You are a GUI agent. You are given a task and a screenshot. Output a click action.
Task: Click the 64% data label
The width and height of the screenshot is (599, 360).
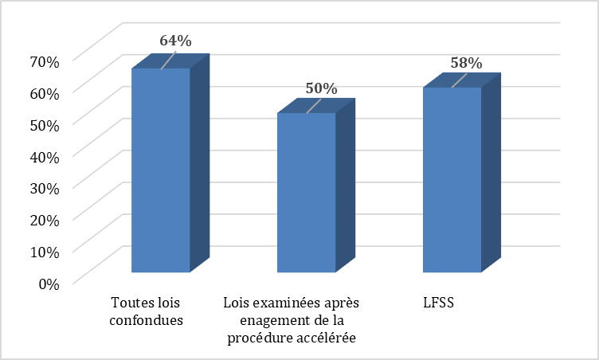[x=175, y=40]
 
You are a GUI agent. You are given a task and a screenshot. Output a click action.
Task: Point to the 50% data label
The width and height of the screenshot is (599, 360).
[x=321, y=88]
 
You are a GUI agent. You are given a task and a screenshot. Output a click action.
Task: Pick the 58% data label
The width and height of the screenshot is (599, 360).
[x=467, y=62]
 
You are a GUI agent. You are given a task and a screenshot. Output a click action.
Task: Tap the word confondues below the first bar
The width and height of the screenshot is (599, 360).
[x=147, y=321]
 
